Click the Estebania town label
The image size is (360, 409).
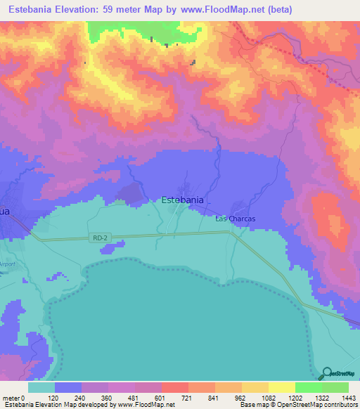tap(183, 200)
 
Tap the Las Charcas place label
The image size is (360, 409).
tap(235, 219)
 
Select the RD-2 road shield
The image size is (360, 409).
tap(101, 238)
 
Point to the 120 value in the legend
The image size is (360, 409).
tap(53, 397)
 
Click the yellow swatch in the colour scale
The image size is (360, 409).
tap(281, 387)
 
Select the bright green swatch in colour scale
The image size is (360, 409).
tap(308, 387)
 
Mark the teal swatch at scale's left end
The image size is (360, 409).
tap(41, 387)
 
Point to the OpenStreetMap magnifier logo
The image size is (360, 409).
tap(325, 373)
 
